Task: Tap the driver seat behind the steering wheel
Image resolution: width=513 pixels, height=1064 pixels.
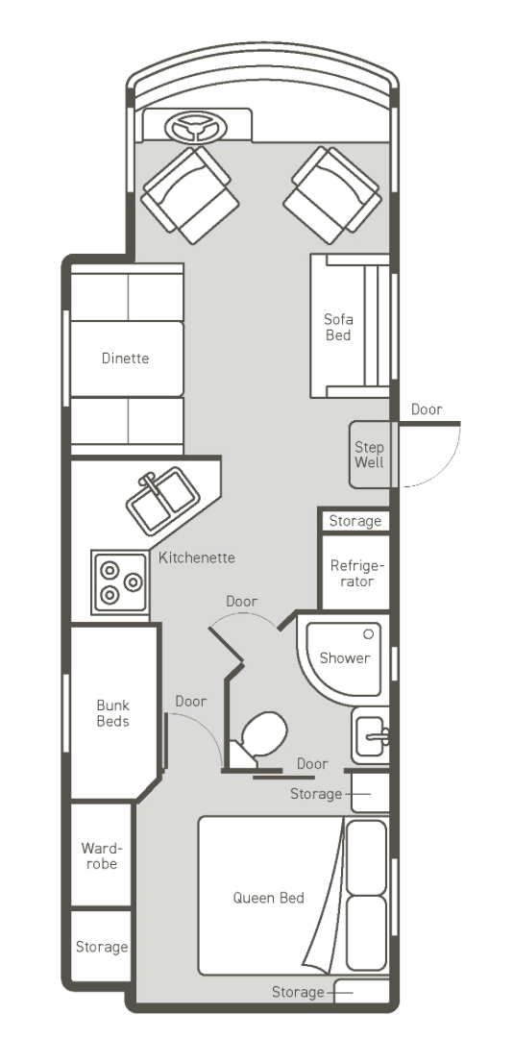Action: coord(190,195)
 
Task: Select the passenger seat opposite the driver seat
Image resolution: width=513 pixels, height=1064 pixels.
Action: coord(332,195)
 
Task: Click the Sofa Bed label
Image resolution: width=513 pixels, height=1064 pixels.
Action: coord(338,327)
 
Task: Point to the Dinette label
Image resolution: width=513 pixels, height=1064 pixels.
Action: coord(125,359)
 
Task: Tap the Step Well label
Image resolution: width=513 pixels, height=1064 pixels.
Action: coord(369,455)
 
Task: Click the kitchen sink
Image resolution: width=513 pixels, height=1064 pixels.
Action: coord(163,501)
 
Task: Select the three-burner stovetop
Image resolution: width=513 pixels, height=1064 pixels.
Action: coord(120,581)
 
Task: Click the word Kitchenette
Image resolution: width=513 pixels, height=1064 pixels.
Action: coord(197,557)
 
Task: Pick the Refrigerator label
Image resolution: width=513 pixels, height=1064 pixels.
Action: coord(357,574)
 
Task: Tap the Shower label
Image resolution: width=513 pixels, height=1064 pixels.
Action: coord(345,657)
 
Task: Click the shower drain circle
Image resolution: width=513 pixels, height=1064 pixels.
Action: coord(369,633)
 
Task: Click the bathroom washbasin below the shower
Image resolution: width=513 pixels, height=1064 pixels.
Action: coord(371,735)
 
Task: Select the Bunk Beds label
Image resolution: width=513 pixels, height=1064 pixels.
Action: coord(112,713)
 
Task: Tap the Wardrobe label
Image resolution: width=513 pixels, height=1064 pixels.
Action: coord(99,855)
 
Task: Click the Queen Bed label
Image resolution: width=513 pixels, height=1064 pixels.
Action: coord(269,898)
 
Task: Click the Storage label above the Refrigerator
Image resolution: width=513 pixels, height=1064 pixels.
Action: coord(354,521)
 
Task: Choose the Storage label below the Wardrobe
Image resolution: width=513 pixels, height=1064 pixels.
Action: coord(102,947)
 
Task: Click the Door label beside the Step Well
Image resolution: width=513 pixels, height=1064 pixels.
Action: coord(427,409)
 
